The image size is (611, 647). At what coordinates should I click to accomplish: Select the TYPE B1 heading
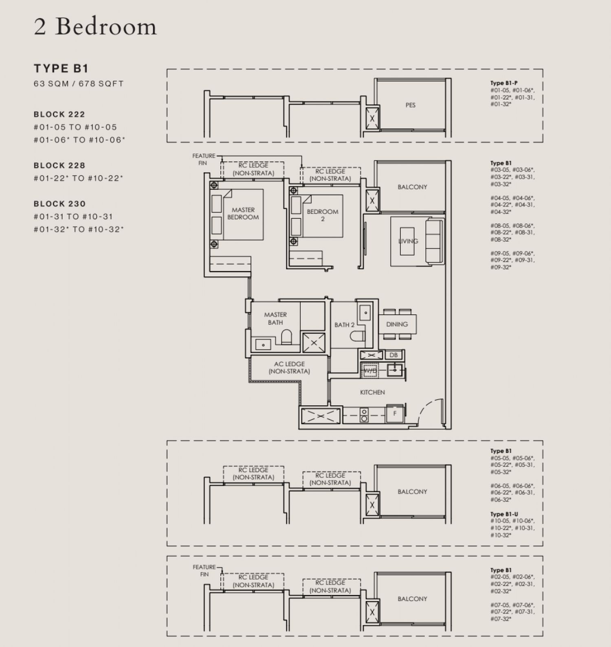[x=61, y=68]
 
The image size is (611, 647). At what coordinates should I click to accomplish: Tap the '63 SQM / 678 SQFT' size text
[x=79, y=83]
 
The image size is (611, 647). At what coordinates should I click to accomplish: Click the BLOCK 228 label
[x=59, y=165]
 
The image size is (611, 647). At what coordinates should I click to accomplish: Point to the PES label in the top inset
[x=410, y=105]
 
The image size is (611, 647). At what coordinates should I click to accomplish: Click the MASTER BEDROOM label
[x=243, y=213]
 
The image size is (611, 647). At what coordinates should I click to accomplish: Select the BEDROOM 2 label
[x=322, y=215]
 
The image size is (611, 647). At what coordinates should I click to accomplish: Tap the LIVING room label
[x=408, y=241]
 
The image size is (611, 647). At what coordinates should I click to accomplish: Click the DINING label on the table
[x=397, y=324]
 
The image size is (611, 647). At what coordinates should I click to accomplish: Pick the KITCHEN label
[x=372, y=392]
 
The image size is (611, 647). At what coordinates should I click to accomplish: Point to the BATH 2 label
[x=344, y=325]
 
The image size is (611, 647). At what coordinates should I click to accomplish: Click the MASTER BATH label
[x=275, y=318]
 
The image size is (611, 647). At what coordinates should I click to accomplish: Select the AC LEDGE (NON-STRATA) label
[x=289, y=367]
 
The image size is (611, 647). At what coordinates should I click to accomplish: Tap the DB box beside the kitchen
[x=393, y=355]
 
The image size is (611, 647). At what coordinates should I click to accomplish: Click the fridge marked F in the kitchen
[x=394, y=414]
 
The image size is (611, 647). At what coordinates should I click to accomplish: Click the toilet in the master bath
[x=287, y=337]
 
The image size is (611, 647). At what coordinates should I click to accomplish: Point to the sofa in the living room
[x=434, y=241]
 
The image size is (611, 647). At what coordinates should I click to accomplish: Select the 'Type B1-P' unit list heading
[x=504, y=83]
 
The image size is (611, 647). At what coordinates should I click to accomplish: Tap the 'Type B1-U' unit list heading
[x=504, y=514]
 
